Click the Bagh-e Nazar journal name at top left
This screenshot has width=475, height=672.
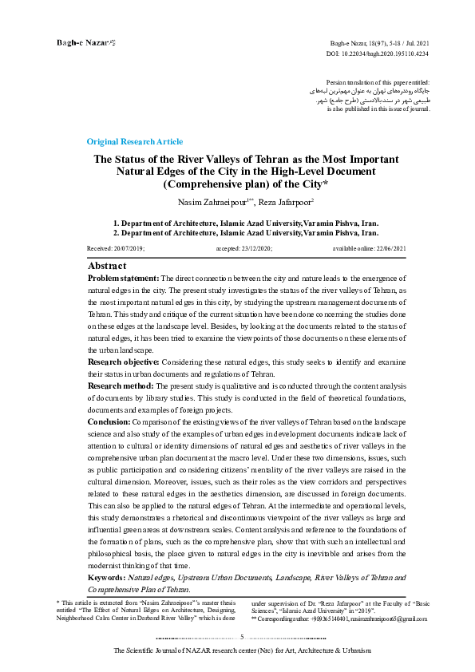tap(79, 41)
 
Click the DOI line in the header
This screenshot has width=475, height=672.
tap(378, 52)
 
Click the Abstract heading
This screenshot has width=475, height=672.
tap(107, 265)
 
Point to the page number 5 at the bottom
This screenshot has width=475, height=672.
tap(241, 637)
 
